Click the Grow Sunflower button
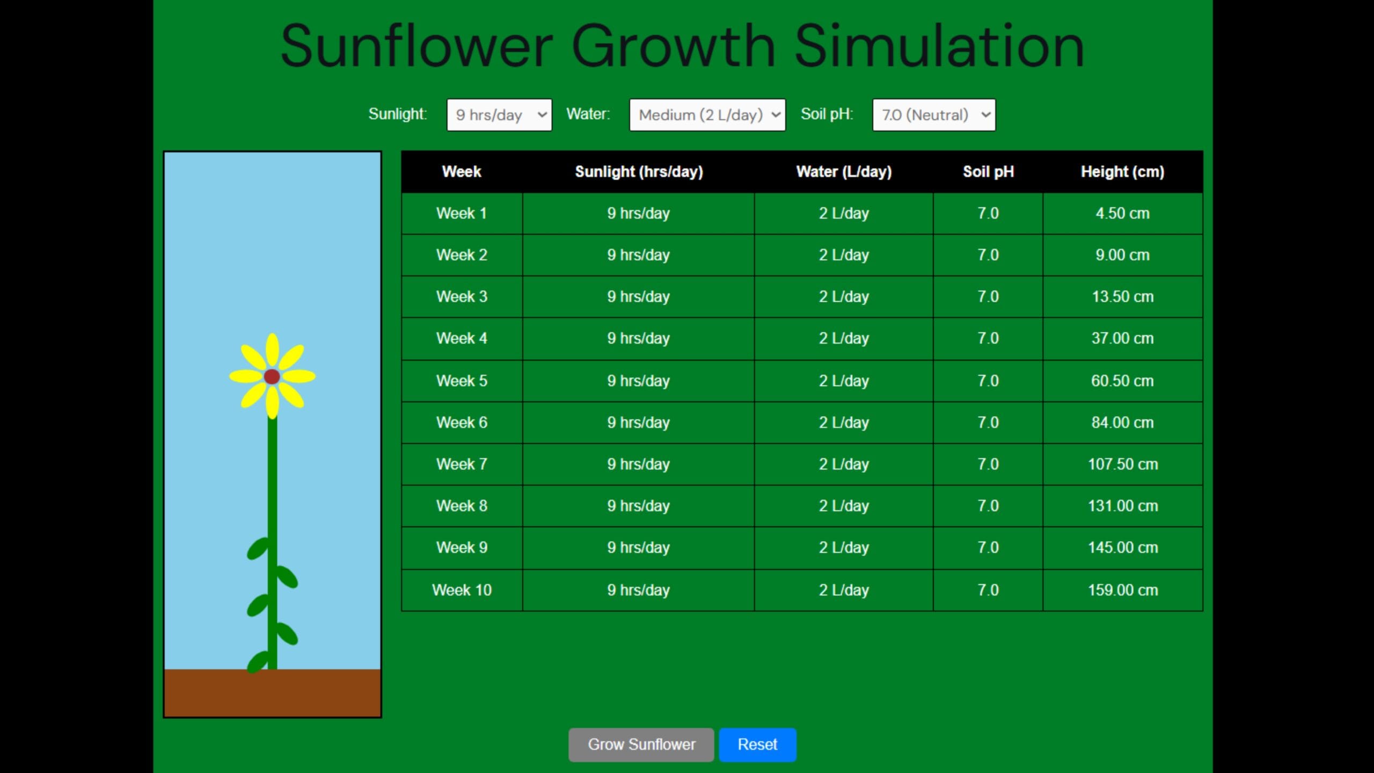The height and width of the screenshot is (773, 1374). coord(641,745)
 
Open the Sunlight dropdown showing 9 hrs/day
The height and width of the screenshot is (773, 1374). coord(499,115)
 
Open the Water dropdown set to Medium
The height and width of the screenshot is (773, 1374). coord(707,115)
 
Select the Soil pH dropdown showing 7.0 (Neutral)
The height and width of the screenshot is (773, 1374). coord(934,115)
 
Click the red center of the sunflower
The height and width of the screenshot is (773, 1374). coord(272,376)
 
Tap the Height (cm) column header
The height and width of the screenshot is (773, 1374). coord(1123,172)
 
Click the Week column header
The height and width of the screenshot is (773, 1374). coord(462,172)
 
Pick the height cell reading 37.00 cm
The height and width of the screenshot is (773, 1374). coord(1123,339)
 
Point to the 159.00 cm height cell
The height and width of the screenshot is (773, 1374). coord(1123,590)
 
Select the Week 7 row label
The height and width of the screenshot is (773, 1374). coord(462,464)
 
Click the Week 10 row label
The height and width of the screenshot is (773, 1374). coord(462,590)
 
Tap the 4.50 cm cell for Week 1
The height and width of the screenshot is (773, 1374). coord(1123,214)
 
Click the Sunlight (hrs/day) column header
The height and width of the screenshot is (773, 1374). coord(639,172)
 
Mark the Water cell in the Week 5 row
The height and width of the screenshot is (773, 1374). coord(844,381)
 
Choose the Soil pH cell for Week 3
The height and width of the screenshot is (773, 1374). coord(988,297)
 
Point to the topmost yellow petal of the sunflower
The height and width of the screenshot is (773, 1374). coord(272,350)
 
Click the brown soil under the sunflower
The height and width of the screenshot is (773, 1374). coord(272,692)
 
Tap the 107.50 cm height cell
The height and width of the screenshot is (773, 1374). coord(1123,464)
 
